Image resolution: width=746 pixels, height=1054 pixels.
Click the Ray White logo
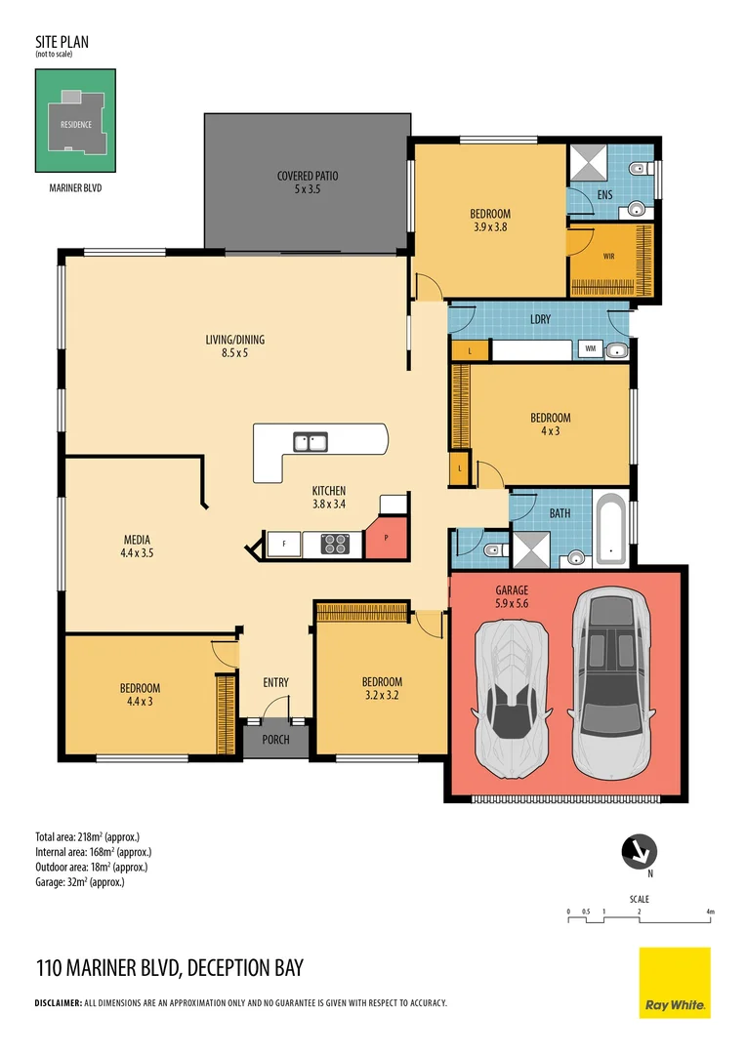675,983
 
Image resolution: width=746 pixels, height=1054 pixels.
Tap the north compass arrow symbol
639,852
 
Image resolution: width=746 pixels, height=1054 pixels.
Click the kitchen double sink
311,442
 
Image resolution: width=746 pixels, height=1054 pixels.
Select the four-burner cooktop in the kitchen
335,544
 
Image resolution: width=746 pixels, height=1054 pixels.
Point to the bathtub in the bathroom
611,530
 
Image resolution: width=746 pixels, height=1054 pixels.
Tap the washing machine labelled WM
591,348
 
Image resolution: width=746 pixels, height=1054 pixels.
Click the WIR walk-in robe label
608,256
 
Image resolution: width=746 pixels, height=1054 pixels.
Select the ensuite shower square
589,162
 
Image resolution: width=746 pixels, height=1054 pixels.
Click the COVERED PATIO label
308,176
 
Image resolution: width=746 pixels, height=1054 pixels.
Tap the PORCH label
275,740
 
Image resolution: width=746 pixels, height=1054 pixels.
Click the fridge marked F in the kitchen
284,544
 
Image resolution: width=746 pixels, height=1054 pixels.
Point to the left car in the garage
512,699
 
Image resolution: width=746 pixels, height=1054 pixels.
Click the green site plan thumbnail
75,121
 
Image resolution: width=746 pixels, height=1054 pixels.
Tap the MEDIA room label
138,540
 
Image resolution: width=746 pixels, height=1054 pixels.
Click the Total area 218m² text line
88,837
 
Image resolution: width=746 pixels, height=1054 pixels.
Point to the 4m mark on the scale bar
710,912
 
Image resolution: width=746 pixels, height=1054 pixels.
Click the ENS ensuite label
604,195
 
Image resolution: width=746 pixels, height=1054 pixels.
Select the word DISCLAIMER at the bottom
58,1003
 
